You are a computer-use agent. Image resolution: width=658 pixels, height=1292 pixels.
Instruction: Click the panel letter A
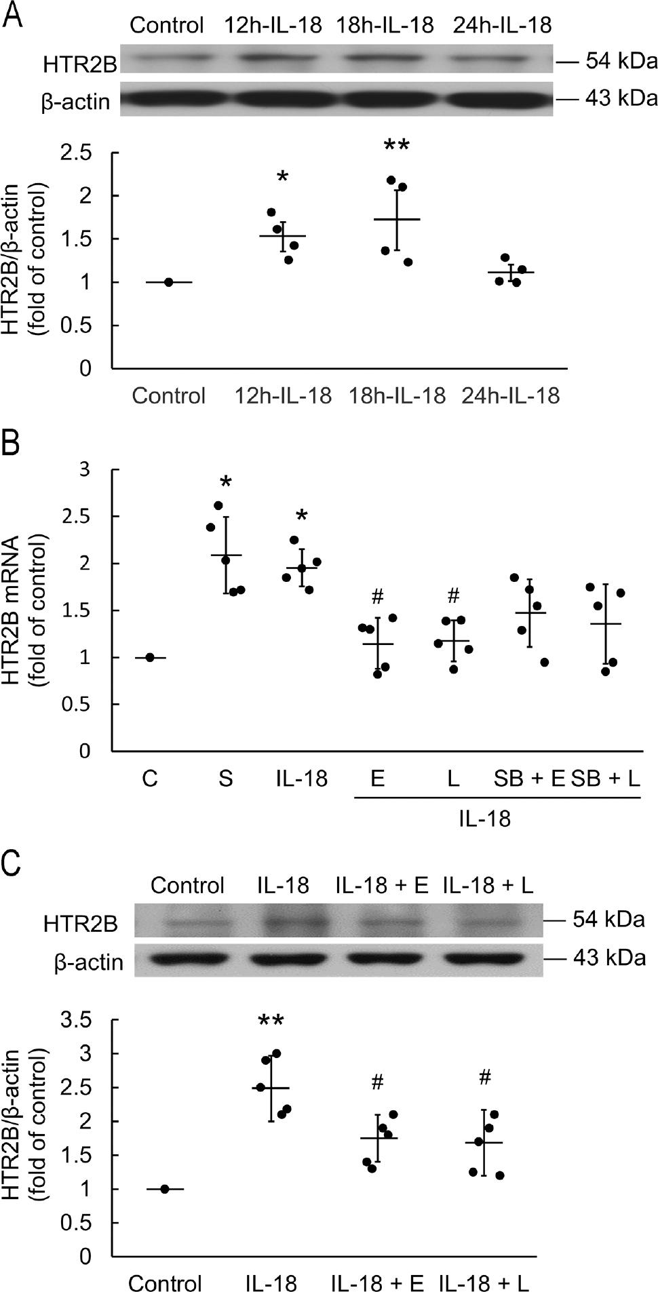tap(13, 15)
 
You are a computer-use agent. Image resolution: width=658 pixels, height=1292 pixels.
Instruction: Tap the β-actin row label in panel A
tap(75, 101)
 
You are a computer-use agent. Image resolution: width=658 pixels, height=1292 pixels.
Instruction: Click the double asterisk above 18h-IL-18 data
tap(398, 146)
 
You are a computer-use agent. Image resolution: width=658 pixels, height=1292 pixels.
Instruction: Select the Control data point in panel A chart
tap(168, 282)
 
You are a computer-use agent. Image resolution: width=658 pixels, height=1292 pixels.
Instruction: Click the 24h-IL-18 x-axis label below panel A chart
tap(511, 395)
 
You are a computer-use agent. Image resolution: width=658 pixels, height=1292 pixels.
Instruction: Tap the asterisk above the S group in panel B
tap(226, 484)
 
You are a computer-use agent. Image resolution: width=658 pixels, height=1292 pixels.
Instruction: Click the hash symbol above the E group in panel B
tap(378, 598)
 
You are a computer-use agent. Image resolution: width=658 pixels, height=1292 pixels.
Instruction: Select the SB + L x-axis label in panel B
tap(606, 778)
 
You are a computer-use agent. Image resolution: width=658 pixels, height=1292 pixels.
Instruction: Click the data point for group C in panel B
tap(150, 657)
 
